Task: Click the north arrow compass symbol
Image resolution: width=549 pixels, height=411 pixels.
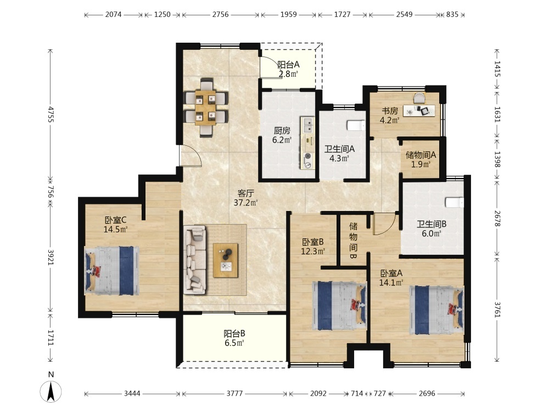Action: click(x=51, y=391)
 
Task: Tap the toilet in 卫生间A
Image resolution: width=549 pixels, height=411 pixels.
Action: click(x=356, y=125)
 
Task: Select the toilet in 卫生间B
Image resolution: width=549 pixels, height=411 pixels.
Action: click(x=455, y=202)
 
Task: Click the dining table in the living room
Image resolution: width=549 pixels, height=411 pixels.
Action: click(x=206, y=107)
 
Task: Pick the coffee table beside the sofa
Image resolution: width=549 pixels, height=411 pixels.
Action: click(x=226, y=260)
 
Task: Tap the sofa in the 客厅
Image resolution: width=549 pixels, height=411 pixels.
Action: click(x=195, y=260)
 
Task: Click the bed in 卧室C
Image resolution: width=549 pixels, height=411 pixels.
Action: click(x=112, y=271)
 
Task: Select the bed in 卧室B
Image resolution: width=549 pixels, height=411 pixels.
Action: click(x=339, y=306)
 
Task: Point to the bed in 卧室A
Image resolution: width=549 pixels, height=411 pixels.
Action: click(x=437, y=310)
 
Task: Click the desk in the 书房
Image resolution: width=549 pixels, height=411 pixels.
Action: click(x=419, y=111)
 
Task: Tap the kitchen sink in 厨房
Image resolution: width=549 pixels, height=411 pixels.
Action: click(x=309, y=126)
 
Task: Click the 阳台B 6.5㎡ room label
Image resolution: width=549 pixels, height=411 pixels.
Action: click(x=234, y=338)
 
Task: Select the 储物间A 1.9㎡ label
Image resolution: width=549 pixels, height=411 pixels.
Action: click(x=421, y=159)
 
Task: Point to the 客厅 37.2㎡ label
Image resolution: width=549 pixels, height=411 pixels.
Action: click(x=245, y=198)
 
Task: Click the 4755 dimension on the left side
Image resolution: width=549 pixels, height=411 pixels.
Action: click(x=51, y=115)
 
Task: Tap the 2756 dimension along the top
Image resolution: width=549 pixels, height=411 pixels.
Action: click(x=220, y=15)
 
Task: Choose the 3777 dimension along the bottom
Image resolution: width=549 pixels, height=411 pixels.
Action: click(x=234, y=393)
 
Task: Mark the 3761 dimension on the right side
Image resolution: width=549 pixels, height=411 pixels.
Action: click(x=497, y=309)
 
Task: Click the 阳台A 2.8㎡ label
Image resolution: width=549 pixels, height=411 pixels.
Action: click(x=288, y=69)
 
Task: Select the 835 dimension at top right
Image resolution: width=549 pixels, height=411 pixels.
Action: click(x=452, y=15)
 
